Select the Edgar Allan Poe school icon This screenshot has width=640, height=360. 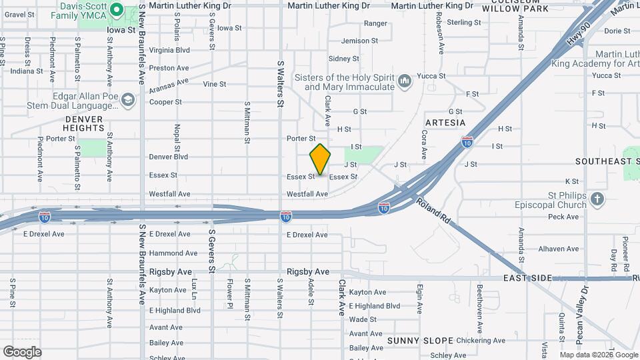(129, 100)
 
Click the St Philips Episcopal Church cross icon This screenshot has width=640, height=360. (597, 199)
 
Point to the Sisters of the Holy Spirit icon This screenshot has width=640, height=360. (404, 82)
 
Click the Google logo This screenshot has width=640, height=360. (22, 352)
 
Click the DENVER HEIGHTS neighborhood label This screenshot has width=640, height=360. (83, 123)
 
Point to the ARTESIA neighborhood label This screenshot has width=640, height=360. (445, 123)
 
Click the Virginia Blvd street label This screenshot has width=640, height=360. (170, 50)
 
